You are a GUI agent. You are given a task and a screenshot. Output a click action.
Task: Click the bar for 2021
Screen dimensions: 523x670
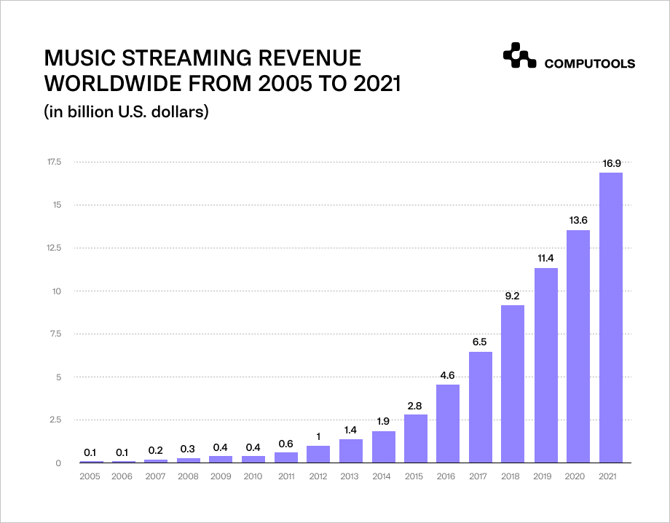click(x=610, y=318)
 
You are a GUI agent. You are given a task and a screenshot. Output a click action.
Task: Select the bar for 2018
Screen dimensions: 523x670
click(x=513, y=384)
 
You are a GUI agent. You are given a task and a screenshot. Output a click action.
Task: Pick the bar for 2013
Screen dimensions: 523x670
click(x=351, y=451)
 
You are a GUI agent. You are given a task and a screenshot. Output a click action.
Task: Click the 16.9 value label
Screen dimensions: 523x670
click(x=610, y=164)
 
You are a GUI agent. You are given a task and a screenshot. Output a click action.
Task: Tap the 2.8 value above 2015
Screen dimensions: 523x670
click(x=416, y=406)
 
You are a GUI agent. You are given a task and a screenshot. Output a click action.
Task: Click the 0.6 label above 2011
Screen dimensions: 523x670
click(x=286, y=444)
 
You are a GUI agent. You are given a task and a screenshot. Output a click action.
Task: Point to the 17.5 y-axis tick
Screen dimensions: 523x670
click(x=54, y=162)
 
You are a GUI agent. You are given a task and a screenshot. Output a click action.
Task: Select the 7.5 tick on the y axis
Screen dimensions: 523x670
click(x=55, y=334)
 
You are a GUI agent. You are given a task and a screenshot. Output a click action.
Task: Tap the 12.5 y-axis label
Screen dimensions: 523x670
click(x=54, y=248)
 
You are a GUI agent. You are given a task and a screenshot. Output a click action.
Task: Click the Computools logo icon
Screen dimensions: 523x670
click(x=519, y=58)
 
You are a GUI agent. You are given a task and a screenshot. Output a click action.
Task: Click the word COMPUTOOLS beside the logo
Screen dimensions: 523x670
click(x=590, y=64)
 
